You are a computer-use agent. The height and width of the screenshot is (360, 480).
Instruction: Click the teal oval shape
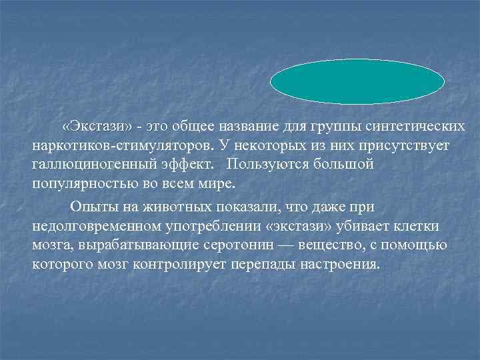[357, 82]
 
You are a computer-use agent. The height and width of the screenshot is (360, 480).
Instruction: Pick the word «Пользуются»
[266, 164]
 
